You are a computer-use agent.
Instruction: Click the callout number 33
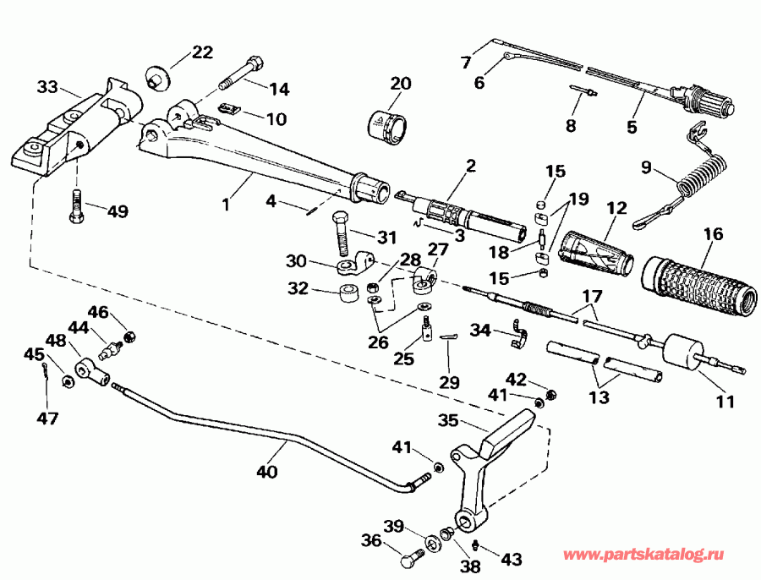(x=47, y=86)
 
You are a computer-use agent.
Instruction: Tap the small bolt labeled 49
(x=77, y=208)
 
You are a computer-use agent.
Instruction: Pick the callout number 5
(x=631, y=128)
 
